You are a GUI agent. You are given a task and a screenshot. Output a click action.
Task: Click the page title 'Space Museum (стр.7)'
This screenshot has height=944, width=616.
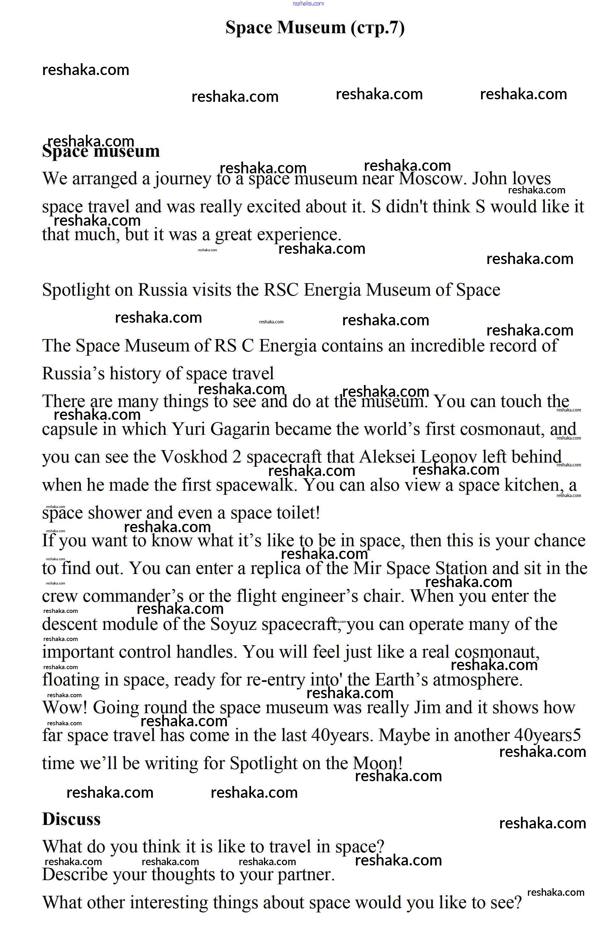tap(315, 28)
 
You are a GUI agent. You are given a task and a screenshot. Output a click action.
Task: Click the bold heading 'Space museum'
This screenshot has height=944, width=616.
tap(101, 151)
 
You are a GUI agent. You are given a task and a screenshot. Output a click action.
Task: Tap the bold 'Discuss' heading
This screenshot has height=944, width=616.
tap(71, 819)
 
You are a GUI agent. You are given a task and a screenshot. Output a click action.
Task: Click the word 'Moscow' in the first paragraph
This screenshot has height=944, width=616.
tap(430, 179)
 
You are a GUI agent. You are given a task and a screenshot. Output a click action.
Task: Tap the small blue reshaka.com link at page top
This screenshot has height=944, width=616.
tap(308, 4)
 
